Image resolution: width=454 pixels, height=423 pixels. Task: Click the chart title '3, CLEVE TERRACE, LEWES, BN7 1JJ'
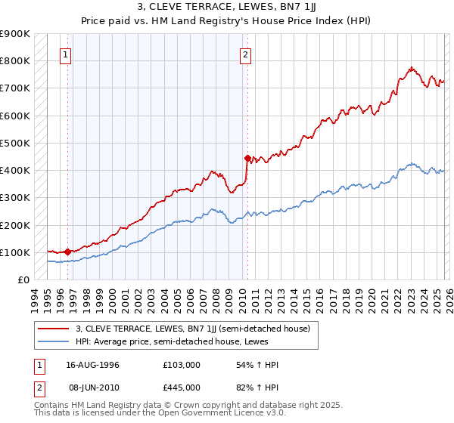[226, 7]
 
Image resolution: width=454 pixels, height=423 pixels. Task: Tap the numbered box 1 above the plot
[67, 54]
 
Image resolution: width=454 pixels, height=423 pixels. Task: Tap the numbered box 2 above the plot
[247, 54]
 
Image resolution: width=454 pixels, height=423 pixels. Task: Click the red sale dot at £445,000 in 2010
[247, 158]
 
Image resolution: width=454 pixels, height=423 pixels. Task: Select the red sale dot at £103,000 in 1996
[68, 252]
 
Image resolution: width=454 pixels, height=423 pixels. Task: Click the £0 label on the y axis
[23, 279]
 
